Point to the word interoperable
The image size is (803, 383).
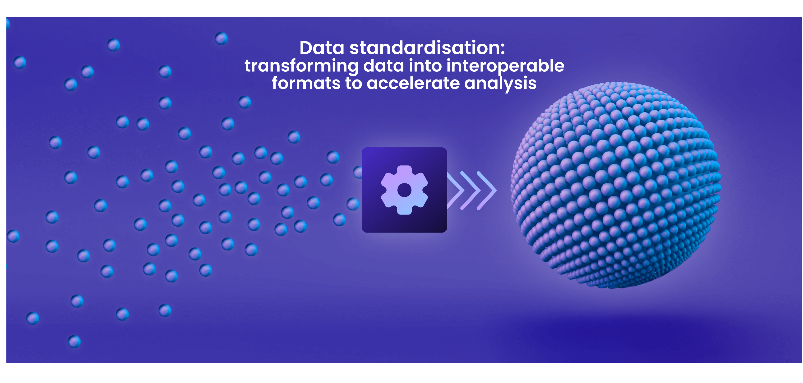tap(505, 66)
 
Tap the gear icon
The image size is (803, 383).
tap(404, 190)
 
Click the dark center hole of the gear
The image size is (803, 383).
tap(404, 190)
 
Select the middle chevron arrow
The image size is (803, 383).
tap(471, 190)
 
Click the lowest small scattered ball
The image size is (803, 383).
tap(74, 341)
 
